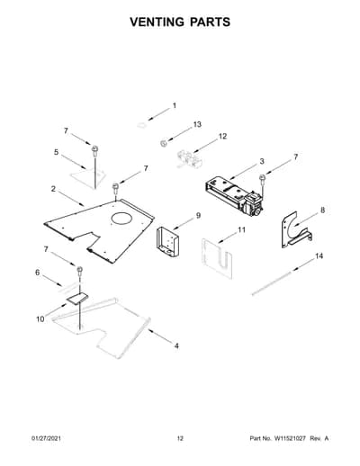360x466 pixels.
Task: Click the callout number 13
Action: point(197,124)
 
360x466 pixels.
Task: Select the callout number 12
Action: point(222,137)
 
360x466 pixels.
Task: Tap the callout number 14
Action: point(319,256)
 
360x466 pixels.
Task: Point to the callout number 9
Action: point(198,216)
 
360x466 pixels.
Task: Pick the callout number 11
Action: point(242,230)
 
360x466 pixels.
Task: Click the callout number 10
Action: point(40,319)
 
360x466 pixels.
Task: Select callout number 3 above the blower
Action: point(262,161)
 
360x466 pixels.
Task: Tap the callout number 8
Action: point(322,211)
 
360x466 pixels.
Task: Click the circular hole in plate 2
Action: point(121,219)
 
